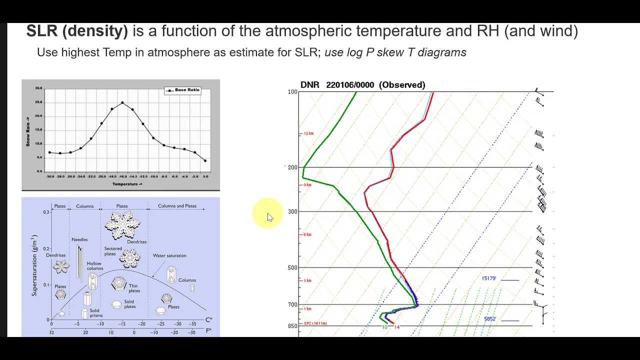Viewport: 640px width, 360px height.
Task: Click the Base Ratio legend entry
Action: click(x=183, y=90)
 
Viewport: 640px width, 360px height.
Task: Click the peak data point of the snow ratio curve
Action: click(x=122, y=102)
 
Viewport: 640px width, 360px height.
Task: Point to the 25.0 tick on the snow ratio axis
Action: click(x=38, y=102)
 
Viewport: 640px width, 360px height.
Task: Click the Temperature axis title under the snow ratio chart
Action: click(x=127, y=184)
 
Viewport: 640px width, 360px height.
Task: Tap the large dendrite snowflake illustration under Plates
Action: click(x=122, y=225)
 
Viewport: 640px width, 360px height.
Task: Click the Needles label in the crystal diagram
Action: click(x=79, y=239)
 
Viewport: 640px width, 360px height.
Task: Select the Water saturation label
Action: click(x=169, y=255)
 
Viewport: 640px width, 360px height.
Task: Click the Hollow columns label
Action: click(x=94, y=266)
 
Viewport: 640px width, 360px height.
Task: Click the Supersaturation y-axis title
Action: click(x=34, y=265)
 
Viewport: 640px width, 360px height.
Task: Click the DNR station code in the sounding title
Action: click(x=309, y=85)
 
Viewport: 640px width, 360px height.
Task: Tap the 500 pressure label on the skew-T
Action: click(x=292, y=267)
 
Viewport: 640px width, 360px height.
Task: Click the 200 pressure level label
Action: click(x=292, y=167)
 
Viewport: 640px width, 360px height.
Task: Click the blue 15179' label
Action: click(x=489, y=278)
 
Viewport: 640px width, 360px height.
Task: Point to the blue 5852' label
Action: click(x=489, y=319)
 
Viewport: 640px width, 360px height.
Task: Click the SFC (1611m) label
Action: click(x=315, y=323)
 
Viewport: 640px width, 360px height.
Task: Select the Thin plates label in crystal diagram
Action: click(x=134, y=288)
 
